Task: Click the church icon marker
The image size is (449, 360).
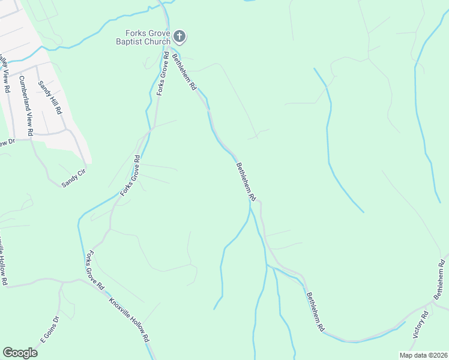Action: [x=179, y=37]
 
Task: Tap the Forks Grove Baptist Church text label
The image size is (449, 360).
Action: [x=143, y=37]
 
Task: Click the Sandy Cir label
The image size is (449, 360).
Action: [x=74, y=180]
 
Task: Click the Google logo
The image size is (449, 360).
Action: [x=20, y=353]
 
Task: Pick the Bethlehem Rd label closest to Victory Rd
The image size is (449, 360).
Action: [x=315, y=312]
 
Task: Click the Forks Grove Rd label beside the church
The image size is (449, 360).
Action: [x=161, y=76]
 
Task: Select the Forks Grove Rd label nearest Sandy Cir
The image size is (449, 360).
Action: [x=130, y=176]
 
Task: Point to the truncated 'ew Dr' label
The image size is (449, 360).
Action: [x=6, y=143]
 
